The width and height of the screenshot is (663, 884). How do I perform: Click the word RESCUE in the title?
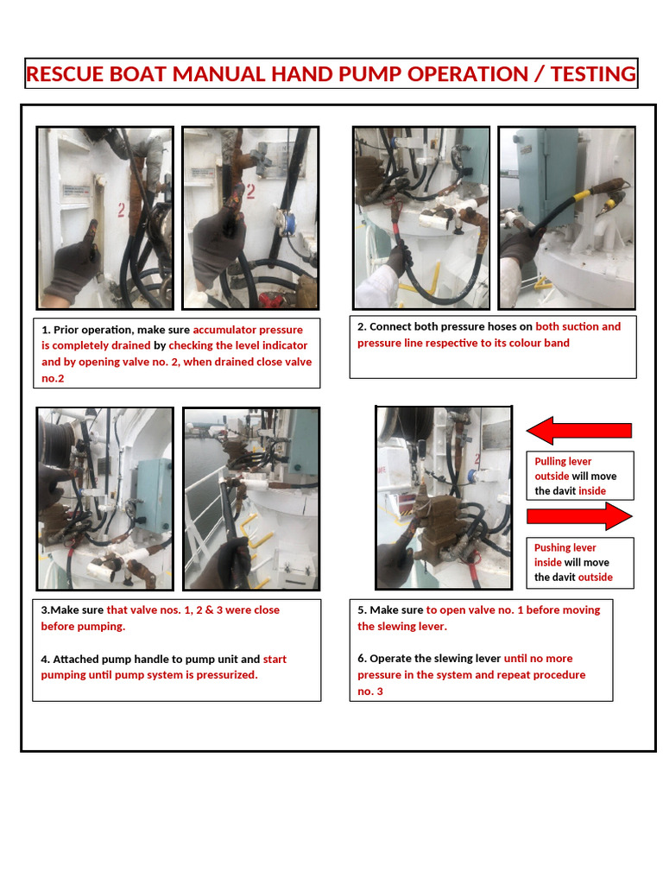(66, 74)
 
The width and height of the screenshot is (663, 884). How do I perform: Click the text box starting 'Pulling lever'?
(580, 476)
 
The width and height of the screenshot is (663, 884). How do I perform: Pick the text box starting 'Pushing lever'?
(580, 562)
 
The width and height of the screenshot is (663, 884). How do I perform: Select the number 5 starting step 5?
(362, 610)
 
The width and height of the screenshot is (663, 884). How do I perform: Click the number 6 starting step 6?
(362, 659)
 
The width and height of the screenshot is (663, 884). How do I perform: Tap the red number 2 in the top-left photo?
(122, 209)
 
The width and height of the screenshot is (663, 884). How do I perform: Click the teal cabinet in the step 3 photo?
(153, 494)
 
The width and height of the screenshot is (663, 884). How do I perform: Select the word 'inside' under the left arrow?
(592, 491)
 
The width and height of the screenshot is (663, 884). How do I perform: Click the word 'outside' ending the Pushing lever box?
(595, 578)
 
